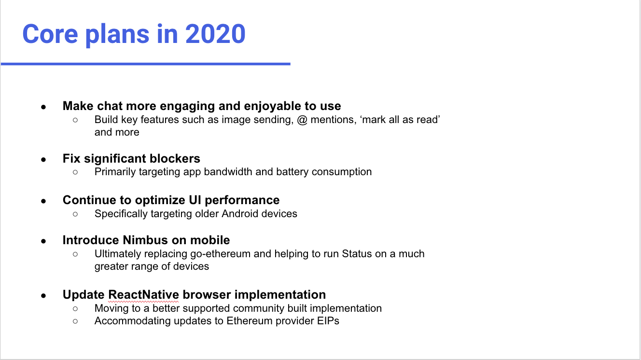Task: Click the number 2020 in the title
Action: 215,34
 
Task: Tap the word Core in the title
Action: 50,34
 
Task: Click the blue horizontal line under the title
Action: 146,64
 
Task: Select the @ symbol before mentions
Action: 302,120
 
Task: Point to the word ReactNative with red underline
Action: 144,295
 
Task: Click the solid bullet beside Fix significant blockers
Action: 43,159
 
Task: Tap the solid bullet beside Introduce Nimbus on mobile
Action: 43,241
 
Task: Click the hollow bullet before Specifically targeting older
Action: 75,214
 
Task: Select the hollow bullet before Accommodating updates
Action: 75,321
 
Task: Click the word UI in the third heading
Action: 195,200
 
